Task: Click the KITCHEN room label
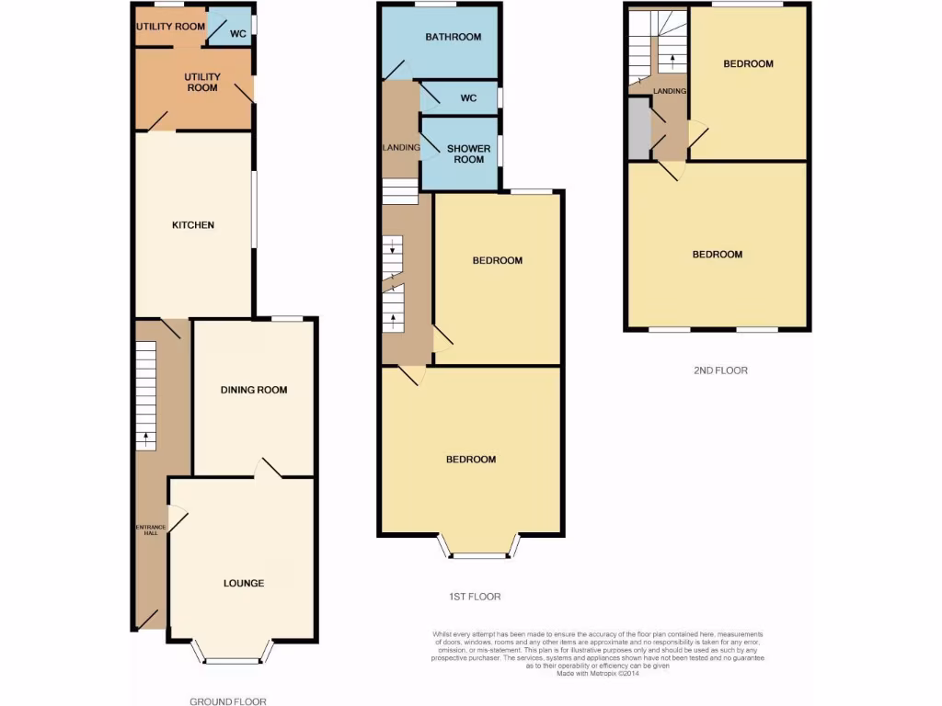click(x=193, y=225)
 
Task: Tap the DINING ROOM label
click(x=254, y=390)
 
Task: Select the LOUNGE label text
click(x=244, y=583)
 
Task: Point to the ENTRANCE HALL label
click(x=151, y=530)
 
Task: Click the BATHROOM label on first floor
click(x=453, y=38)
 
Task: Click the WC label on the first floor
click(x=467, y=98)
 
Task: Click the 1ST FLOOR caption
click(x=475, y=597)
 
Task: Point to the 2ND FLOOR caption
click(x=720, y=370)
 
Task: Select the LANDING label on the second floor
click(x=669, y=91)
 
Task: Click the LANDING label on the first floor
click(x=401, y=147)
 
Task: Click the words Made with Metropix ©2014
click(x=598, y=673)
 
